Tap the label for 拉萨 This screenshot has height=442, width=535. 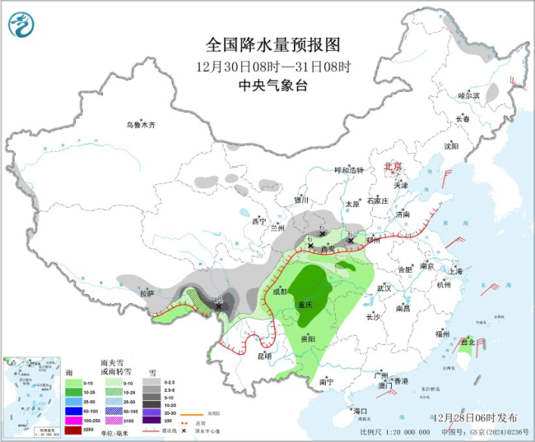(147, 293)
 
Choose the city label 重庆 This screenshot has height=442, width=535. (306, 303)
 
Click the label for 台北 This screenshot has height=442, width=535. (467, 341)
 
